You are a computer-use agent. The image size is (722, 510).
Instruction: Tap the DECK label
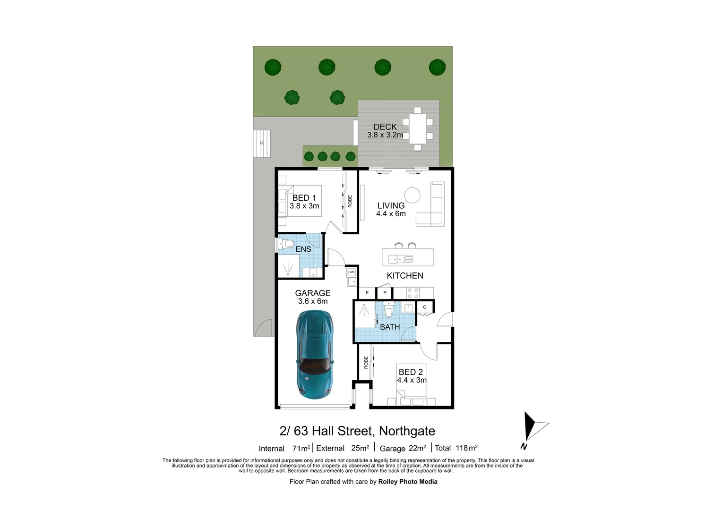385,127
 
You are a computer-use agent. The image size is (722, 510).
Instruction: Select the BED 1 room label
304,198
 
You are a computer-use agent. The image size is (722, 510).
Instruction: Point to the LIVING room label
391,205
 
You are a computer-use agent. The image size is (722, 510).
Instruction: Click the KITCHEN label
405,275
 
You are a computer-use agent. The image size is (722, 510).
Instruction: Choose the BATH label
390,327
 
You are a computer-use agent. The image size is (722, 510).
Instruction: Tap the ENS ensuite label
303,249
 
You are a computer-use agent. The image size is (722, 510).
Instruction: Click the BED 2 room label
411,372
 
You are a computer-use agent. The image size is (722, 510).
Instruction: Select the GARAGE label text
313,293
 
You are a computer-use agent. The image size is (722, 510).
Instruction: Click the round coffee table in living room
412,195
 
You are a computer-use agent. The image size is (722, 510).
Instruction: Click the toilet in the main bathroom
388,310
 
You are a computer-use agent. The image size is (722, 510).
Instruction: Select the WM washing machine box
351,272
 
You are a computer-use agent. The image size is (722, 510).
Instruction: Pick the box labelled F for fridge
367,293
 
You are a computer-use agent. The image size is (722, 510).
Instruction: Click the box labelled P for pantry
385,293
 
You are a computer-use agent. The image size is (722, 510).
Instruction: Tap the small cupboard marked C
425,307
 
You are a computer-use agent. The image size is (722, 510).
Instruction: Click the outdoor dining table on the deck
417,129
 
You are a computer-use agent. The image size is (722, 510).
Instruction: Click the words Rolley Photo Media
408,482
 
